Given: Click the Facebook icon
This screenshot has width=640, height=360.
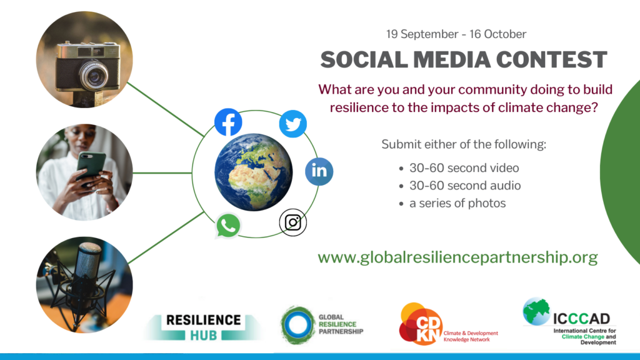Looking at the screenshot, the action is pyautogui.click(x=228, y=122).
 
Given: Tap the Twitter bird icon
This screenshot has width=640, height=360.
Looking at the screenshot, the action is pyautogui.click(x=293, y=124).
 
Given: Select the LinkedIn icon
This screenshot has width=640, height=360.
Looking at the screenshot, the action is pyautogui.click(x=319, y=171).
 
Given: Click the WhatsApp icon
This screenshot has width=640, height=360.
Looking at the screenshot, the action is pyautogui.click(x=227, y=226).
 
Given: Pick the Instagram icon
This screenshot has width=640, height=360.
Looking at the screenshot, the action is pyautogui.click(x=292, y=222).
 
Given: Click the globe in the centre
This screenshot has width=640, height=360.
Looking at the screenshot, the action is pyautogui.click(x=254, y=172).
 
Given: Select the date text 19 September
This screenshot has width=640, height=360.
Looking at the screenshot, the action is pyautogui.click(x=422, y=34).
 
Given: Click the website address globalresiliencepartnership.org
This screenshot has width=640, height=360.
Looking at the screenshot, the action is pyautogui.click(x=457, y=257).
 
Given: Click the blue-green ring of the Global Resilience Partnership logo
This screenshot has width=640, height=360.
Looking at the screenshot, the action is pyautogui.click(x=298, y=325).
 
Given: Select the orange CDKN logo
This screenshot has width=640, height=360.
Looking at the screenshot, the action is pyautogui.click(x=421, y=324).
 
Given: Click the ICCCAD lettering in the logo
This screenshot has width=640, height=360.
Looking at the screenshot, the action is pyautogui.click(x=582, y=318).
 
